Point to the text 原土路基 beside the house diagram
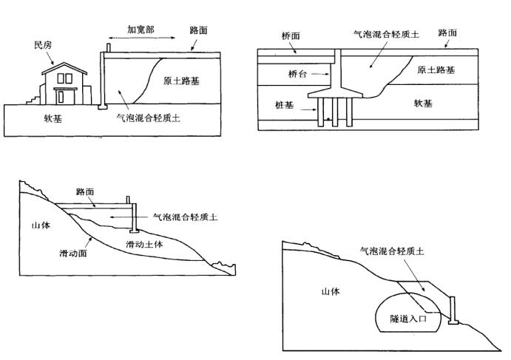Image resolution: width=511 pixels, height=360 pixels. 182,81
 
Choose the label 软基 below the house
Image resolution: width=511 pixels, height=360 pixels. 33,118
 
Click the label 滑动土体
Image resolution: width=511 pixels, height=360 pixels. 143,244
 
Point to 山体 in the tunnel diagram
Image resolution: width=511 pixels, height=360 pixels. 329,291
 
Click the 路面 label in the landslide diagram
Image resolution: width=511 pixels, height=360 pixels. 86,191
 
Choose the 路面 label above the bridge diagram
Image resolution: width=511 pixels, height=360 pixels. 447,33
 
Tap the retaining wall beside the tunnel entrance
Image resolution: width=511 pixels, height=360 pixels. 454,310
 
